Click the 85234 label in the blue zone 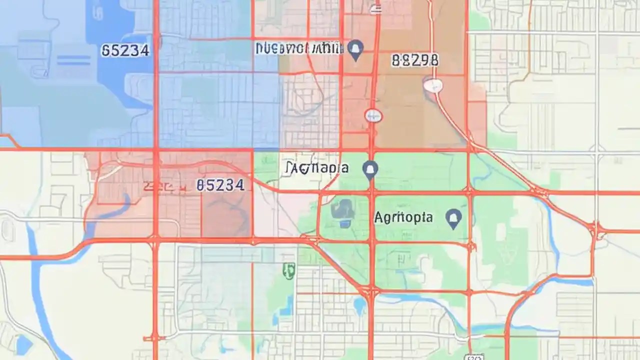coord(125,50)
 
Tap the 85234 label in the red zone coord(220,185)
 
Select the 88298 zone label coord(414,60)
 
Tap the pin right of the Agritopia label coord(453,218)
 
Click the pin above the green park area coord(370,170)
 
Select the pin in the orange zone coord(355,49)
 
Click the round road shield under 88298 coord(373,116)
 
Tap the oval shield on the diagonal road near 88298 coord(433,85)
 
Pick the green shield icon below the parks coord(288,270)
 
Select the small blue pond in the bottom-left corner coord(22,344)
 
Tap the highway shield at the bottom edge coord(473,356)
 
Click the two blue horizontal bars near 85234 coord(73,60)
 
